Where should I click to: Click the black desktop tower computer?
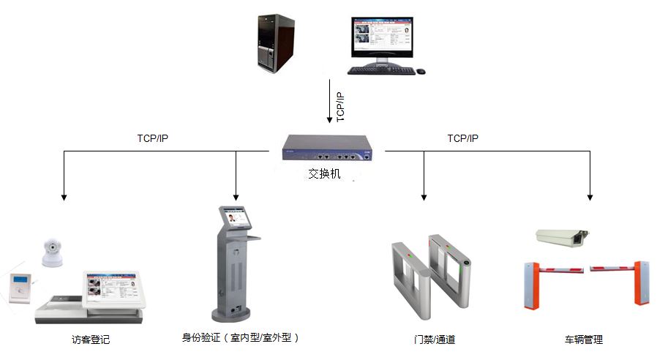(276, 44)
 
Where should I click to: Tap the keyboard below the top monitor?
(380, 71)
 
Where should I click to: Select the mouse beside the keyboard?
(421, 71)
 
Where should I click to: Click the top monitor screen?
(380, 37)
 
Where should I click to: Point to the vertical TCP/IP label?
(339, 108)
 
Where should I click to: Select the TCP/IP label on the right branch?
(462, 138)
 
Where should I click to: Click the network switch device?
(326, 151)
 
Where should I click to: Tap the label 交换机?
(324, 176)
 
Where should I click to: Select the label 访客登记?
(91, 340)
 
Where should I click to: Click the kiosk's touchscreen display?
(238, 218)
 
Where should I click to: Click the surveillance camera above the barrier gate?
(561, 236)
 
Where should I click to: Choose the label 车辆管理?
(583, 340)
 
